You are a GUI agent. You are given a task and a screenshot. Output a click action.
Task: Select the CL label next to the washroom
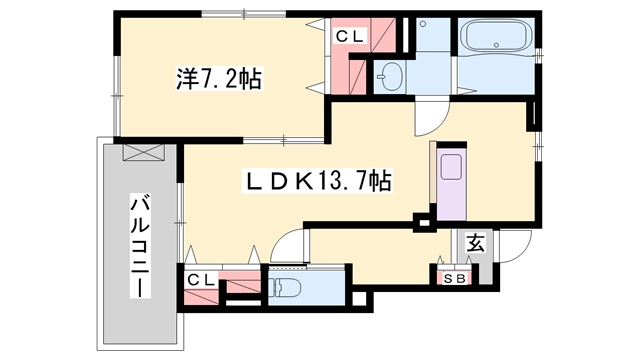pos(350,37)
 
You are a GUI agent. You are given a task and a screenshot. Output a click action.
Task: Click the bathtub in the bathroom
pos(496,40)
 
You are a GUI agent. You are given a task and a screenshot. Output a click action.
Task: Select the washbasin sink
pos(389,75)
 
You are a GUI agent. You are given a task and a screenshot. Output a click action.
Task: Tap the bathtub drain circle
pos(469,40)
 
